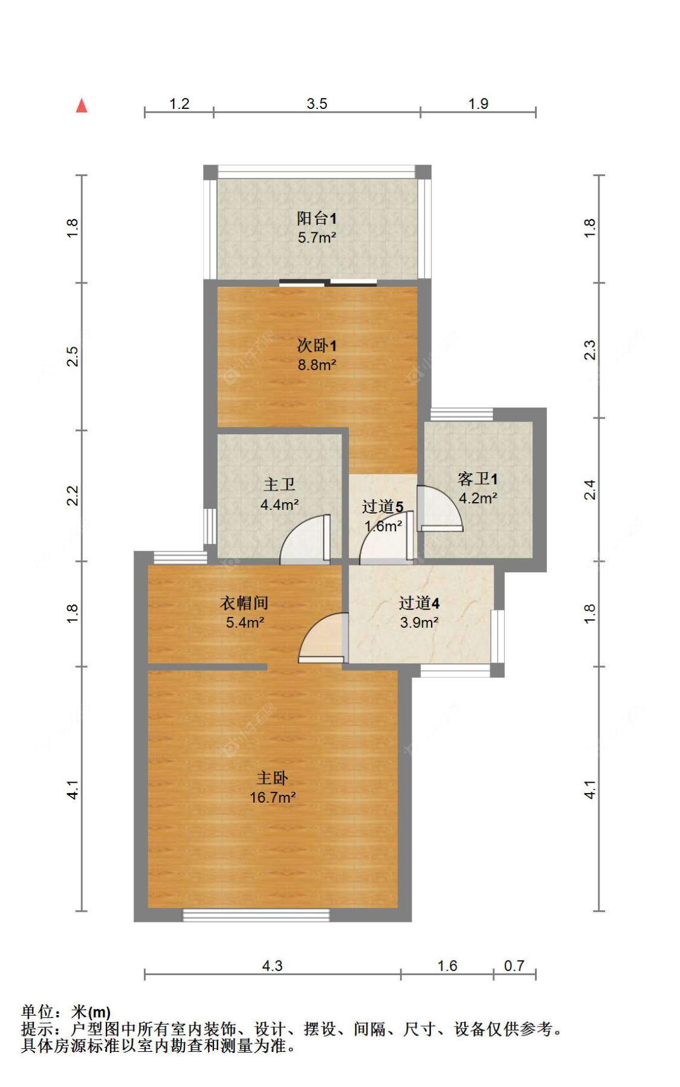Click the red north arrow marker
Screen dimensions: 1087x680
82,106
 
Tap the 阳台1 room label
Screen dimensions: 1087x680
316,218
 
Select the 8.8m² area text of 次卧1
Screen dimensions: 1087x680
317,365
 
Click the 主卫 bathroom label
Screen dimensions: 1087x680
279,485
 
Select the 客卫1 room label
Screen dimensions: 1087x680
478,479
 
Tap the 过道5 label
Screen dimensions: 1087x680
382,506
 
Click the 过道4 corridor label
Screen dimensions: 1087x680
419,602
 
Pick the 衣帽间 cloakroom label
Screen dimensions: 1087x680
244,602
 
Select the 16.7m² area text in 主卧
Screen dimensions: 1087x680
273,797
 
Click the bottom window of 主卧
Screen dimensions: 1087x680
256,915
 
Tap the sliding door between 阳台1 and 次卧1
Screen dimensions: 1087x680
328,282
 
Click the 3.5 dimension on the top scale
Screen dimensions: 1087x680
317,103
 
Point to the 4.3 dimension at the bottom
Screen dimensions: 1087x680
272,965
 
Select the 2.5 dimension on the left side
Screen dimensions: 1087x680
72,356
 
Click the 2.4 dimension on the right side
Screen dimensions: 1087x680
590,489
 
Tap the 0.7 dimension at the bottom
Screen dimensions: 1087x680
514,965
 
